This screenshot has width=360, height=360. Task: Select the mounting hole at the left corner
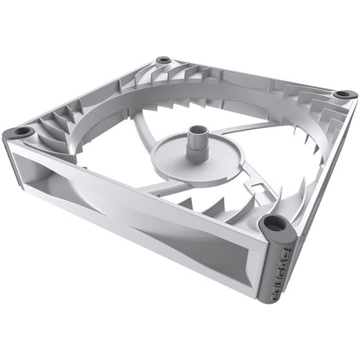pos(22,132)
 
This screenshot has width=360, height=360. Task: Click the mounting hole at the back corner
pos(163,61)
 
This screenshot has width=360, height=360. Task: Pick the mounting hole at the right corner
pos(343,93)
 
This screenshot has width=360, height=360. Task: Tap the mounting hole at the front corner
pos(275,223)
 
